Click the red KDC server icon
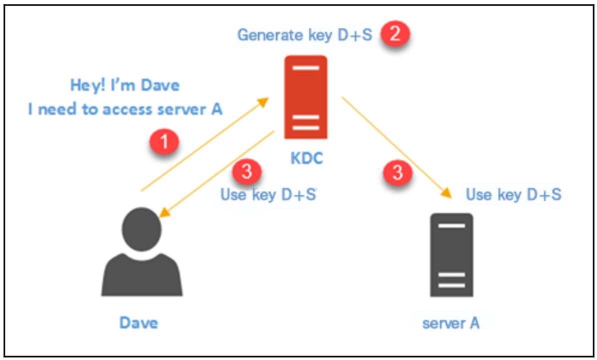point(305,97)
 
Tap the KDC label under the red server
point(307,158)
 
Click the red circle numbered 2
point(395,35)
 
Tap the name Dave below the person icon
point(138,322)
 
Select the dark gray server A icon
point(451,255)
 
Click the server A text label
point(450,323)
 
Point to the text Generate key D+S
point(304,35)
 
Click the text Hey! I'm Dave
point(124,85)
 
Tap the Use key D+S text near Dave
point(268,194)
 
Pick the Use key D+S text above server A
point(513,194)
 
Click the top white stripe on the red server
point(305,67)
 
